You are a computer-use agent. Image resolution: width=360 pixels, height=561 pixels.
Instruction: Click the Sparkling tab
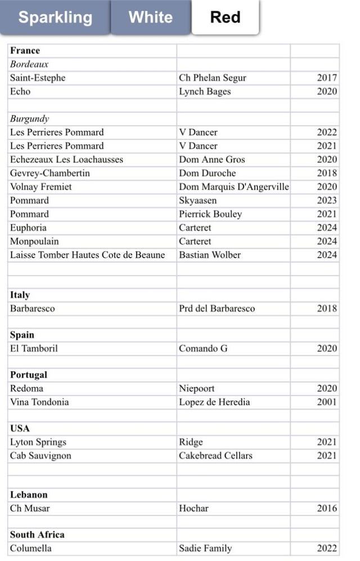point(55,17)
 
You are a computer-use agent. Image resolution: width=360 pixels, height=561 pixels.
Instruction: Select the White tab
point(150,17)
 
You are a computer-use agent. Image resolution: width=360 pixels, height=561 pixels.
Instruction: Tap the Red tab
point(225,17)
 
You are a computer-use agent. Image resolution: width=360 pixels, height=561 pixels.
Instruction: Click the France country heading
point(25,51)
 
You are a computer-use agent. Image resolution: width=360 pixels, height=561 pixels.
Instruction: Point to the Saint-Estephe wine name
point(38,78)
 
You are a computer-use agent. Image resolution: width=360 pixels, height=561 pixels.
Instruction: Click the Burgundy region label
point(30,119)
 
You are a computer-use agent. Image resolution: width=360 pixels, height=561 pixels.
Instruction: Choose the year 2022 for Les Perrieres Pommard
point(327,132)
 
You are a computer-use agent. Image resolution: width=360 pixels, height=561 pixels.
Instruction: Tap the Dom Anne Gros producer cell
point(212,159)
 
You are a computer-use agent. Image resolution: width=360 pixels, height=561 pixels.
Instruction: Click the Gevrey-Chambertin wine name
point(50,173)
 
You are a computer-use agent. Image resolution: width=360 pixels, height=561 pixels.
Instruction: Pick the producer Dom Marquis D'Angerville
point(233,187)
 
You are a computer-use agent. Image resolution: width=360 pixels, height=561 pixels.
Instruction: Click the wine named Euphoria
point(28,227)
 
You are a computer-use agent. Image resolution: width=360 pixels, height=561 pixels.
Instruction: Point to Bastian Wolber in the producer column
point(210,255)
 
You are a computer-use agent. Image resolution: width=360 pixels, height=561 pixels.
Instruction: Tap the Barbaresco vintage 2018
point(327,308)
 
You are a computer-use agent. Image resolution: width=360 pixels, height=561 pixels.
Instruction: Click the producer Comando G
point(203,348)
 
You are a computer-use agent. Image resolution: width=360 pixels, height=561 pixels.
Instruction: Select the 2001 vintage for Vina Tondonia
point(327,402)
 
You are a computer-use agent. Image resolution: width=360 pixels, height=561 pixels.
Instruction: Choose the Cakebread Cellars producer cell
point(215,456)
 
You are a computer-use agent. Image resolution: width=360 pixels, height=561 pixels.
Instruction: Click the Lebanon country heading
point(29,495)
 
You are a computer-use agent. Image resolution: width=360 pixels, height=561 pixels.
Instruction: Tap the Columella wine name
point(31,548)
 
